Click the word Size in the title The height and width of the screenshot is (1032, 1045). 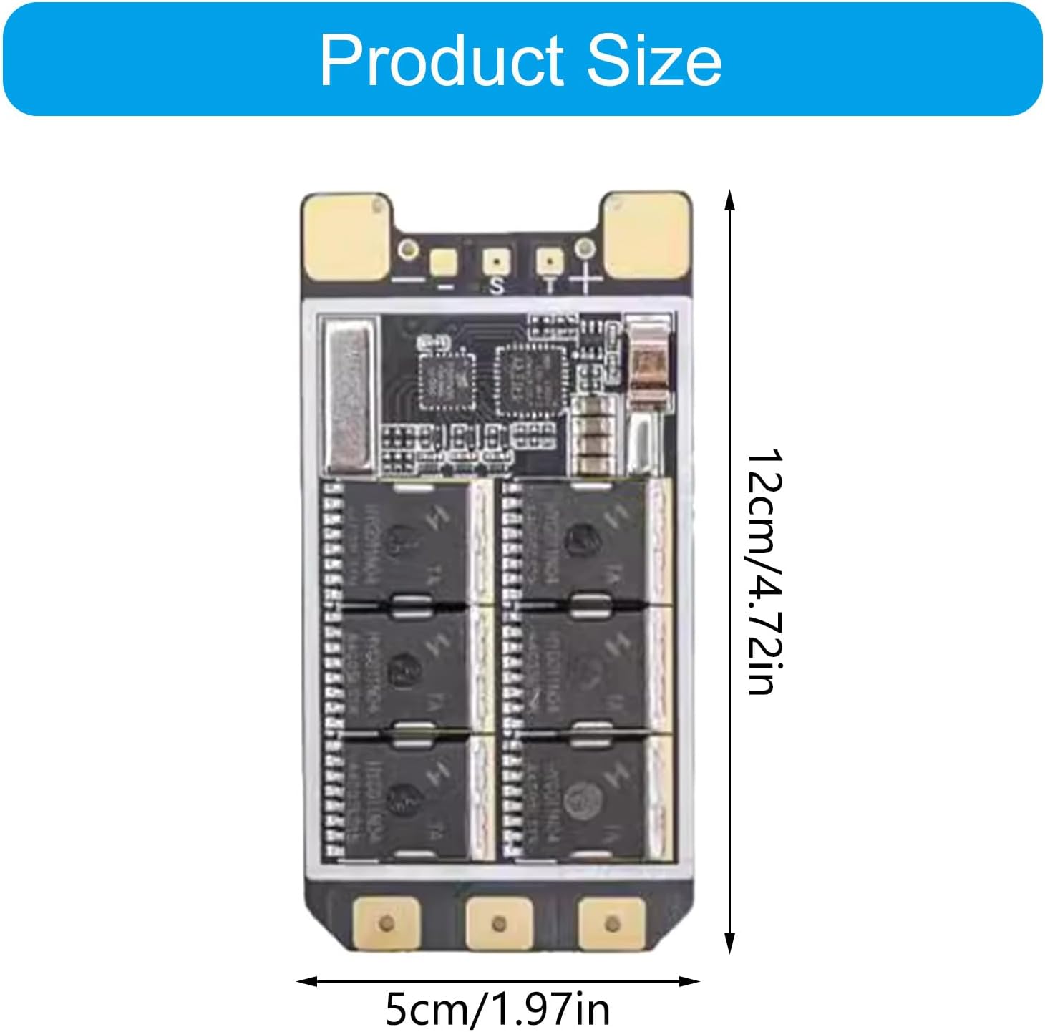click(653, 60)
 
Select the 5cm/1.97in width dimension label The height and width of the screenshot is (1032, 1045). click(497, 1008)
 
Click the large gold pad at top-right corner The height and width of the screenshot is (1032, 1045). click(645, 236)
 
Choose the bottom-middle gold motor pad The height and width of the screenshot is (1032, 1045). click(499, 923)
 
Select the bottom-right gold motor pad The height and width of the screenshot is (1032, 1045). click(611, 923)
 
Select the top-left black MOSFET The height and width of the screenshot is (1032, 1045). click(404, 540)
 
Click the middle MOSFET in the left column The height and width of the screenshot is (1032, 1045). click(404, 669)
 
